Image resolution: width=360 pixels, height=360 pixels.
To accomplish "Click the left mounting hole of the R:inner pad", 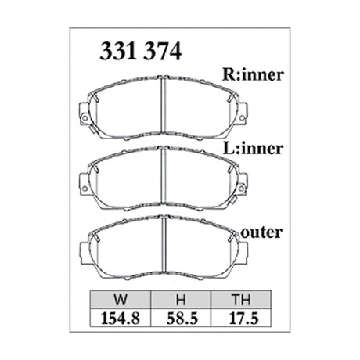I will (84, 117).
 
